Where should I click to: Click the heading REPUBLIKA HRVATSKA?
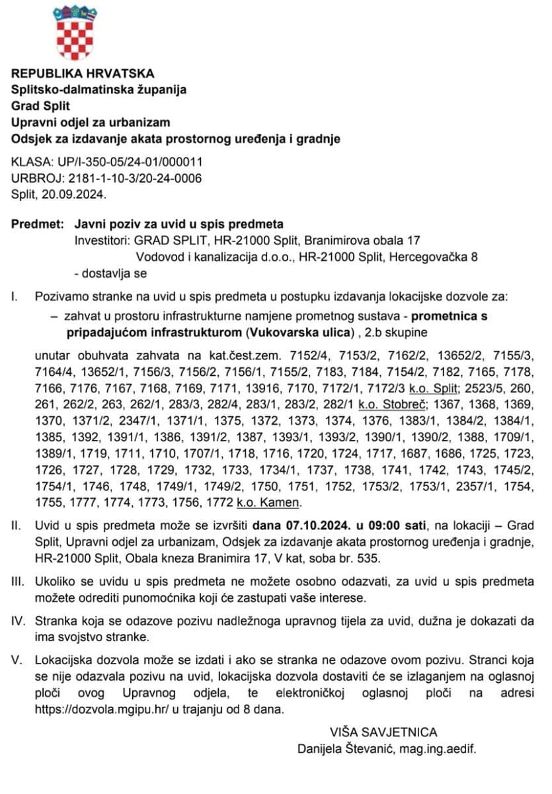pyautogui.click(x=83, y=73)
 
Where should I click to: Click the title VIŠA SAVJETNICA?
pyautogui.click(x=383, y=732)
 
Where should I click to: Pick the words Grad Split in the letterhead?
pyautogui.click(x=40, y=106)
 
